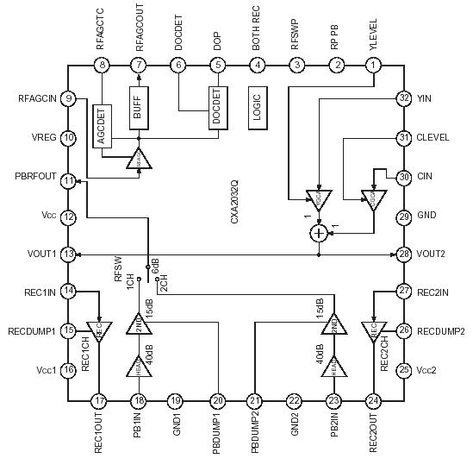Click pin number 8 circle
pos(103,65)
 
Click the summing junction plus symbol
pos(320,232)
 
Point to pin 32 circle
pos(403,98)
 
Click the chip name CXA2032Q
pos(234,204)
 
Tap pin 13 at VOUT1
pos(69,254)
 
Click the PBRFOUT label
pos(35,177)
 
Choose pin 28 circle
pos(403,254)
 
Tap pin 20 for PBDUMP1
pos(218,400)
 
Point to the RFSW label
pos(120,272)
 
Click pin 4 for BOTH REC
pos(258,65)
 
